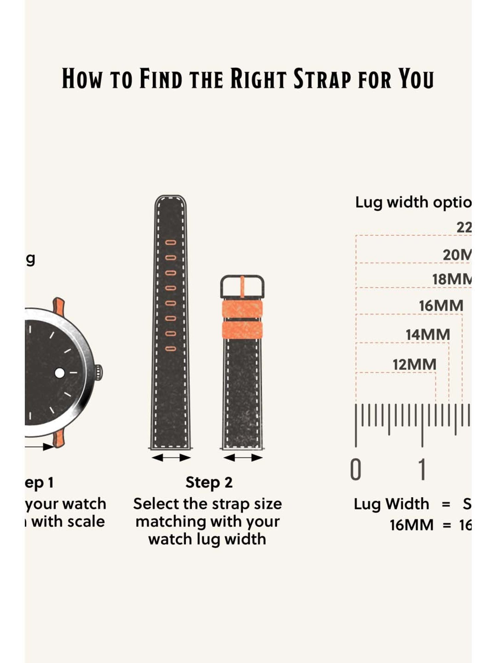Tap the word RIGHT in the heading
(258, 79)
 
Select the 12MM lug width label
(414, 365)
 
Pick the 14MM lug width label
(428, 335)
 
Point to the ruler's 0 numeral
(356, 470)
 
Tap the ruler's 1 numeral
(422, 470)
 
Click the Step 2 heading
(209, 482)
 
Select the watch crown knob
(99, 373)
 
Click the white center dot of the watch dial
(60, 373)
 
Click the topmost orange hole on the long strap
(171, 243)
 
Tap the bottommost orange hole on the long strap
(171, 348)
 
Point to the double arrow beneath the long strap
(171, 458)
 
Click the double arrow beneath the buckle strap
(243, 458)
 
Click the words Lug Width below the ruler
(391, 504)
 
